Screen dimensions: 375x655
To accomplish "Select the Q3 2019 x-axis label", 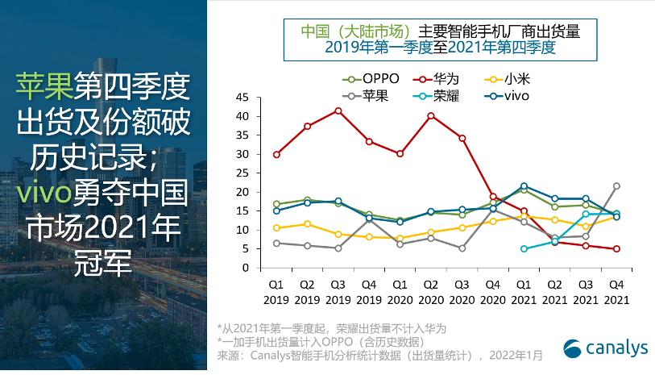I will [338, 291].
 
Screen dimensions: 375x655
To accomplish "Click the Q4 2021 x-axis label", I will [616, 291].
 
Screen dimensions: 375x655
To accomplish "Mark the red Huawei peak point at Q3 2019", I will [338, 110].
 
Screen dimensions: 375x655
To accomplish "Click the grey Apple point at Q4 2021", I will [616, 186].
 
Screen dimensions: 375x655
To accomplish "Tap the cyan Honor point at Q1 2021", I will [524, 249].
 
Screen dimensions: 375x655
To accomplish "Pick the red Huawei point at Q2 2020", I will [431, 115].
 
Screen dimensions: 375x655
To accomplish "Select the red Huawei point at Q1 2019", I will [277, 154].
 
